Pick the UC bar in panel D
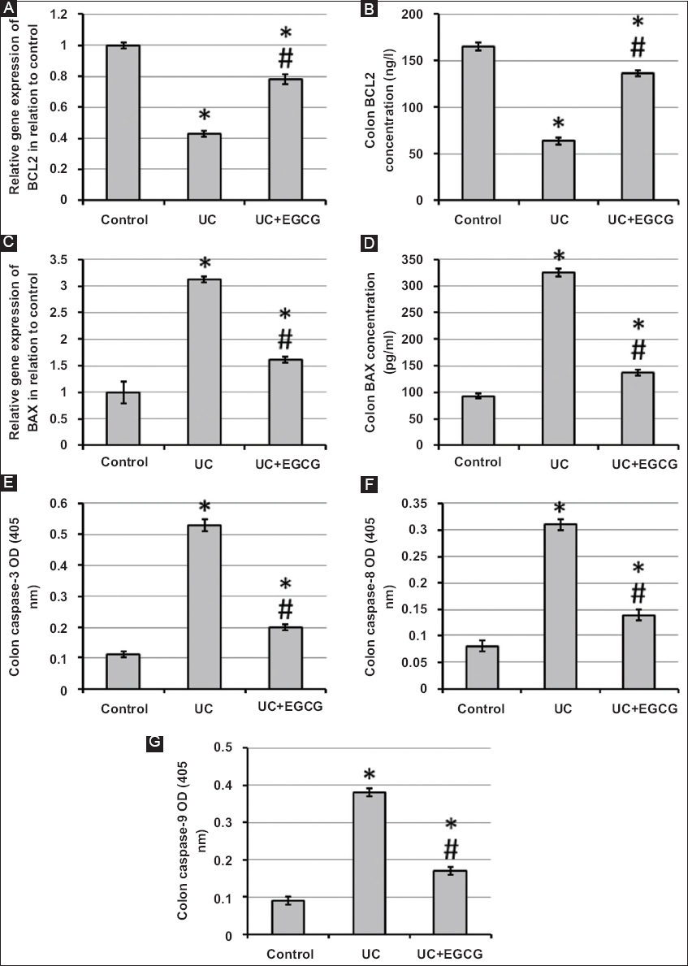pyautogui.click(x=559, y=358)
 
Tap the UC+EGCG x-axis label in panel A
pyautogui.click(x=283, y=219)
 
